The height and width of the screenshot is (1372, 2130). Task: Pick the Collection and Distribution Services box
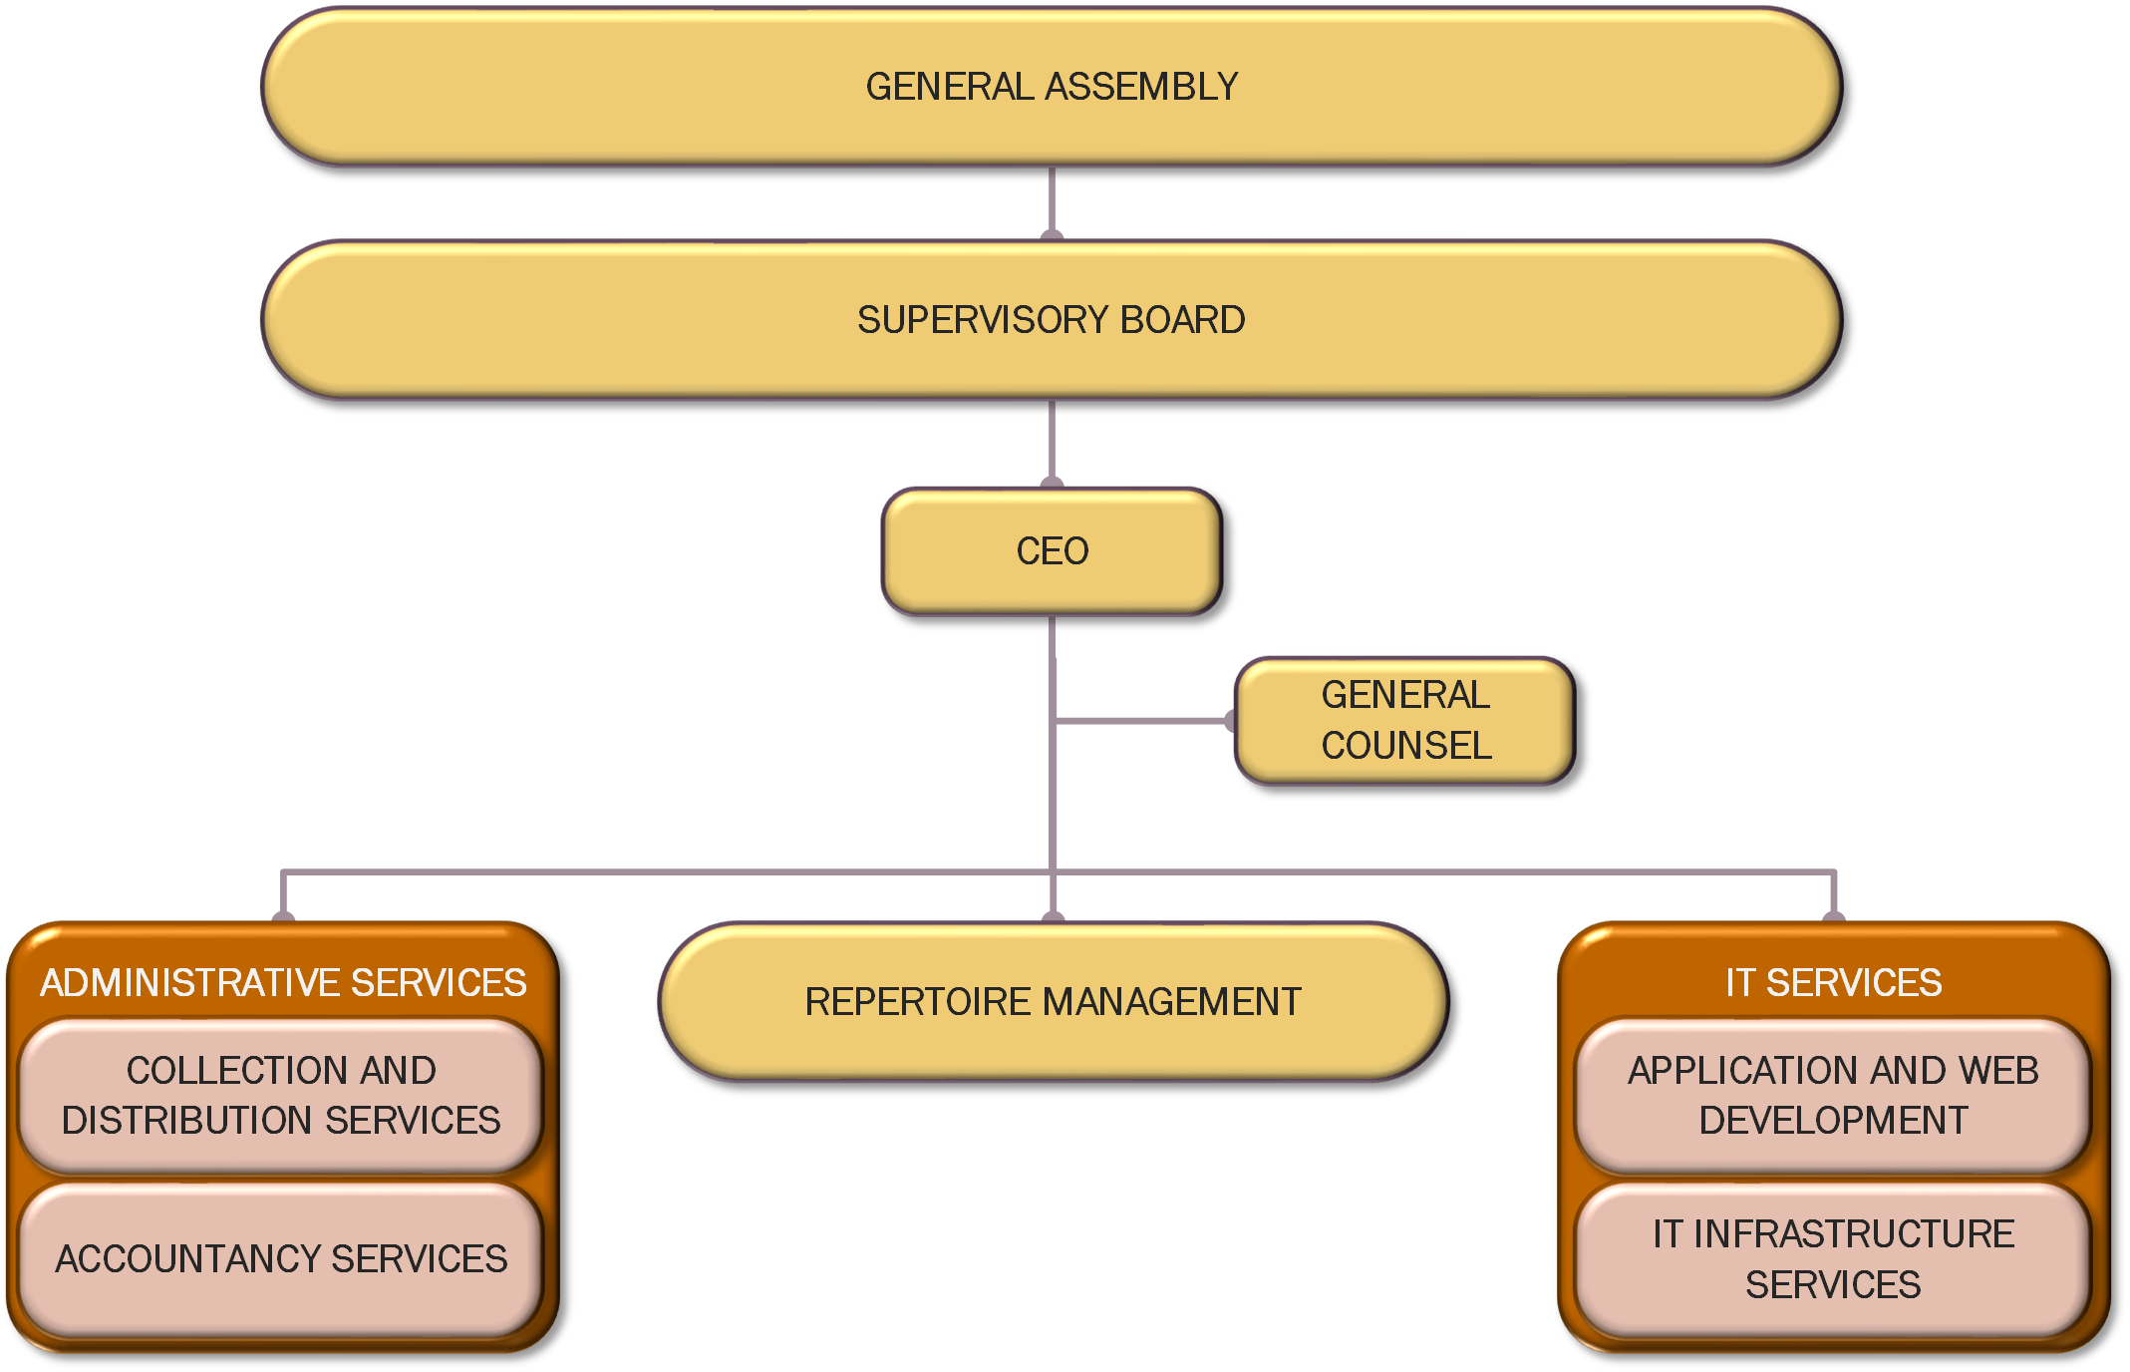pyautogui.click(x=281, y=1095)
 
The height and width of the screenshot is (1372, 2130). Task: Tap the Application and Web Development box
pyautogui.click(x=1833, y=1095)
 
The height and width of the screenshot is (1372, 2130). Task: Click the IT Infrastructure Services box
pyautogui.click(x=1833, y=1259)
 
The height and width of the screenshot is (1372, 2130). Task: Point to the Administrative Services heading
pyautogui.click(x=283, y=983)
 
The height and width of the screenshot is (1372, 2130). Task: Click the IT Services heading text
pyautogui.click(x=1833, y=983)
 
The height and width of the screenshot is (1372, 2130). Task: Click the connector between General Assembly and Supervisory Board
pyautogui.click(x=1052, y=201)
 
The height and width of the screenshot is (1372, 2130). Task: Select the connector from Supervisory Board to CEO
pyautogui.click(x=1052, y=443)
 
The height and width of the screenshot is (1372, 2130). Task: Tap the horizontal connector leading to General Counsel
pyautogui.click(x=1141, y=720)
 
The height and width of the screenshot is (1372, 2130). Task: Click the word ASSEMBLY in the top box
pyautogui.click(x=1142, y=87)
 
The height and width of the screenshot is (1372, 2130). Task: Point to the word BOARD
pyautogui.click(x=1182, y=320)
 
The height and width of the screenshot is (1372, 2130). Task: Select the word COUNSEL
pyautogui.click(x=1406, y=746)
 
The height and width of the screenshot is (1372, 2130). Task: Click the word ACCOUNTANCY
pyautogui.click(x=188, y=1259)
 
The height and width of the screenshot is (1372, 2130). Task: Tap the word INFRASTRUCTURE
pyautogui.click(x=1854, y=1234)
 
